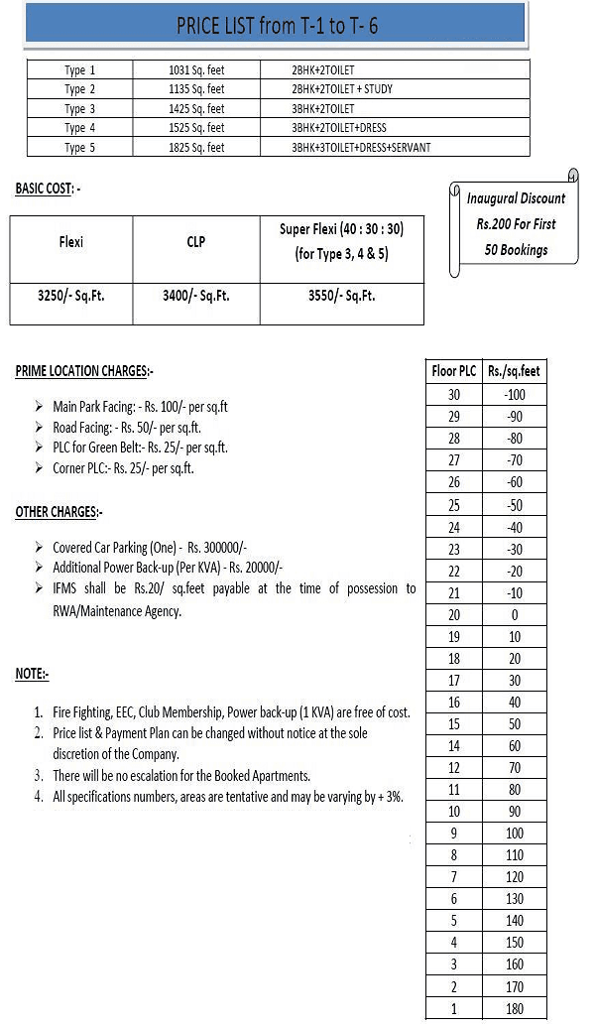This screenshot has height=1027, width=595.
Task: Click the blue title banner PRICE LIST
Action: [277, 25]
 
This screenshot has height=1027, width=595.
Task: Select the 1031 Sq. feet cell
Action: [196, 70]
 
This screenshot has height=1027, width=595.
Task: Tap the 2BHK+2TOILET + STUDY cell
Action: [342, 89]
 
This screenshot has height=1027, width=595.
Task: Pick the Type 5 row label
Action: [81, 147]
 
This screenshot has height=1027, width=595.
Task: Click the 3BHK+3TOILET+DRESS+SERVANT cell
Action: [361, 147]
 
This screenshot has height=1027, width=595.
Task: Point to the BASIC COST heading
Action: [48, 188]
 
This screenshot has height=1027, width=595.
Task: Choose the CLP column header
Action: [195, 241]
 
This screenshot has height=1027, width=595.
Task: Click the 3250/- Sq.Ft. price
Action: [71, 295]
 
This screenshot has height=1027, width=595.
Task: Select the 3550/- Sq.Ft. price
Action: [341, 295]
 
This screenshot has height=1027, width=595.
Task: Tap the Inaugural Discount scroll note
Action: [516, 224]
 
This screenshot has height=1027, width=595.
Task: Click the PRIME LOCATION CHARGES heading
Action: [84, 371]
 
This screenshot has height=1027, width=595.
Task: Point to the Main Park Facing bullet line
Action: [140, 407]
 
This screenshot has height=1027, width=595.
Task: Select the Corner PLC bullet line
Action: [123, 468]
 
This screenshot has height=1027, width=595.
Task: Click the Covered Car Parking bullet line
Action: [150, 547]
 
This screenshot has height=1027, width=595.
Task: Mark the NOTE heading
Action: [32, 674]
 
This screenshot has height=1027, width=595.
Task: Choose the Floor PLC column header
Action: [454, 371]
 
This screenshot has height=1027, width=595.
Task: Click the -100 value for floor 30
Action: [514, 394]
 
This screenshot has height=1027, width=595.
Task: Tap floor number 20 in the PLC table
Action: [454, 614]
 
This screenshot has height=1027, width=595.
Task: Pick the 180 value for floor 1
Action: [514, 1009]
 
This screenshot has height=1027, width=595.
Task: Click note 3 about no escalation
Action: [180, 775]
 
